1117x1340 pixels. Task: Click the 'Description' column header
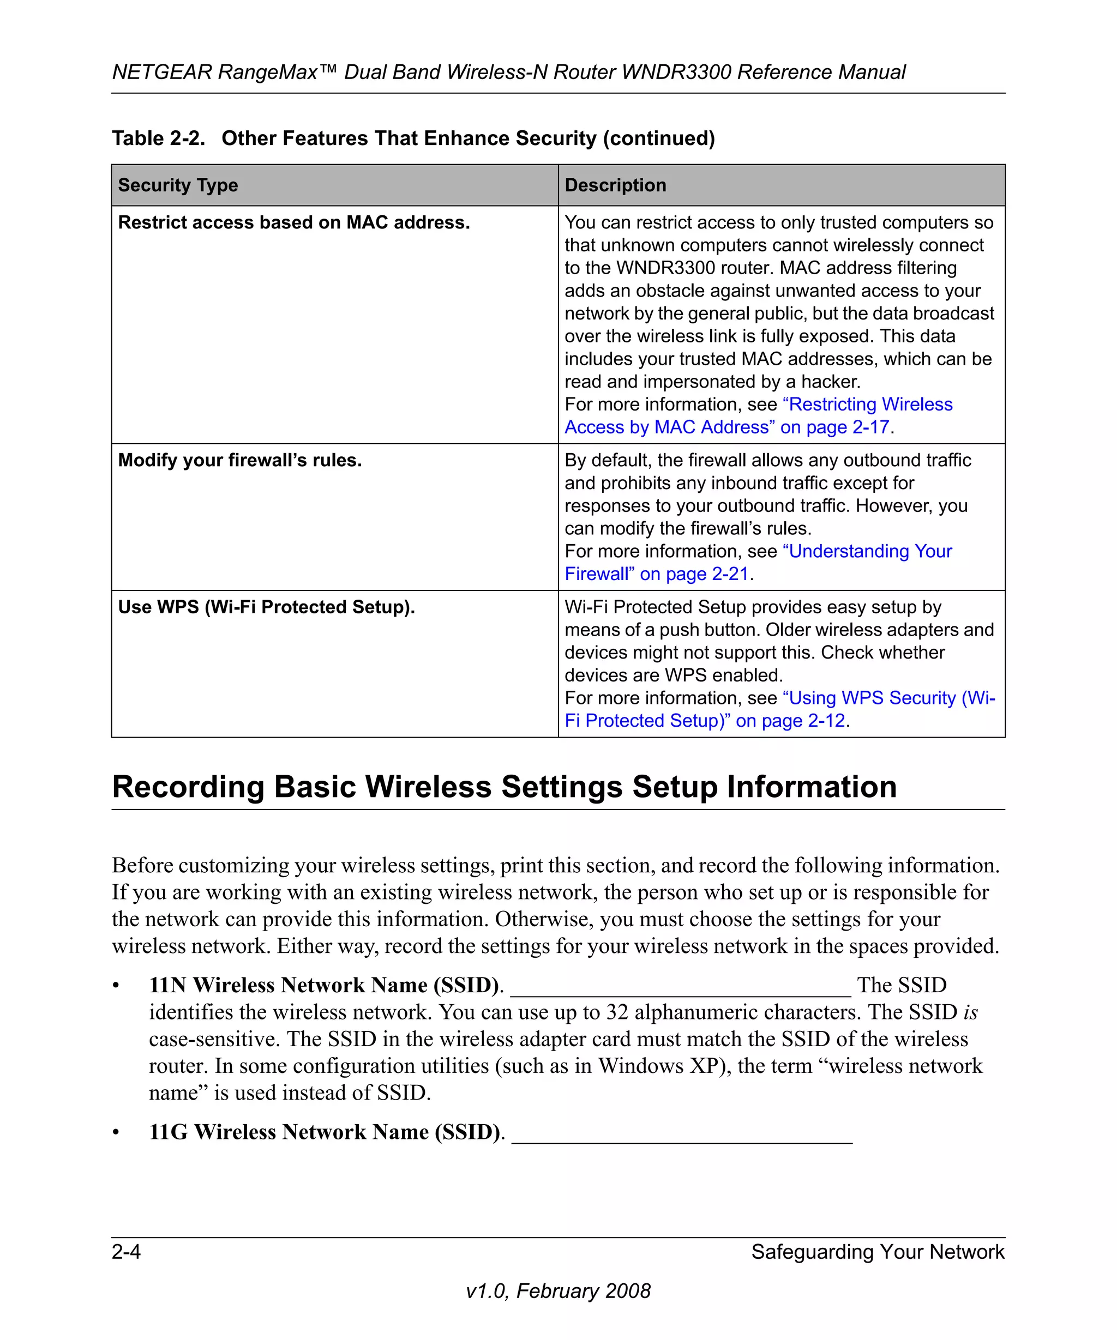pyautogui.click(x=615, y=185)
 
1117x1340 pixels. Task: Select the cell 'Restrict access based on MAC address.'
pyautogui.click(x=293, y=222)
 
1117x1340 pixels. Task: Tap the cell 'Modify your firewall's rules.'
pyautogui.click(x=239, y=460)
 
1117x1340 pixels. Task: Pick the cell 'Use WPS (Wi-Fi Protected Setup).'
pyautogui.click(x=266, y=607)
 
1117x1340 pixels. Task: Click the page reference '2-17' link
pyautogui.click(x=870, y=427)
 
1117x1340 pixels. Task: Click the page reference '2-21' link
pyautogui.click(x=730, y=574)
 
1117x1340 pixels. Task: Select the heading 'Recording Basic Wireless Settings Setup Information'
pyautogui.click(x=505, y=787)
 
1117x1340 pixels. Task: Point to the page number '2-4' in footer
pyautogui.click(x=127, y=1252)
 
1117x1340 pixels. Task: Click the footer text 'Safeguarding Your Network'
pyautogui.click(x=877, y=1252)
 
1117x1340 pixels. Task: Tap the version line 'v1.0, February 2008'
pyautogui.click(x=558, y=1291)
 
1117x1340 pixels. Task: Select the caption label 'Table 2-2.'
pyautogui.click(x=158, y=138)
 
